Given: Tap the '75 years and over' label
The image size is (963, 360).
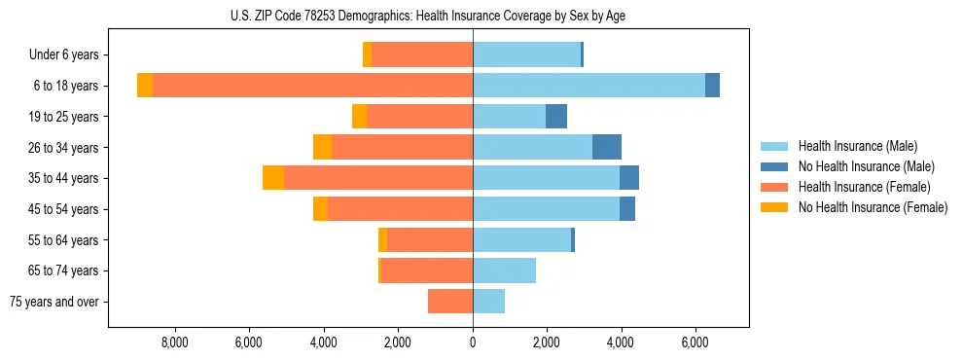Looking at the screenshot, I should point(54,303).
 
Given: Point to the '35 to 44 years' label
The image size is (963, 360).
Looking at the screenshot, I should point(64,179).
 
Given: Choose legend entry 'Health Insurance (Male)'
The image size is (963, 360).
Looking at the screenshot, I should point(857,146).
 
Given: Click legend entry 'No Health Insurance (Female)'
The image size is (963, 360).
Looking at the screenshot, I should point(873,207).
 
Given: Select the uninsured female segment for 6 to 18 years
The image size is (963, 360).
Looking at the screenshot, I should point(145,86).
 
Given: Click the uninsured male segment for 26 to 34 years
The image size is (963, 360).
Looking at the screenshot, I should point(607,147).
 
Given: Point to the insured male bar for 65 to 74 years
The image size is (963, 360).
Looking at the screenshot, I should point(504,270).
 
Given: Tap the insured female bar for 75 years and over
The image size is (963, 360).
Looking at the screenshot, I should point(450,302).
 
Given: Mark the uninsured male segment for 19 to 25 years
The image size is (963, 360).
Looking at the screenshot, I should point(556,117).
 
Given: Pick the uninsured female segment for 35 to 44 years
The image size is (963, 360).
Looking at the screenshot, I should point(273,178).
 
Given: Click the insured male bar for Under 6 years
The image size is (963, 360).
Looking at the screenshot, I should point(526,54).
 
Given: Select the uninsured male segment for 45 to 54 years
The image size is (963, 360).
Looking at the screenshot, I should point(627,209).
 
